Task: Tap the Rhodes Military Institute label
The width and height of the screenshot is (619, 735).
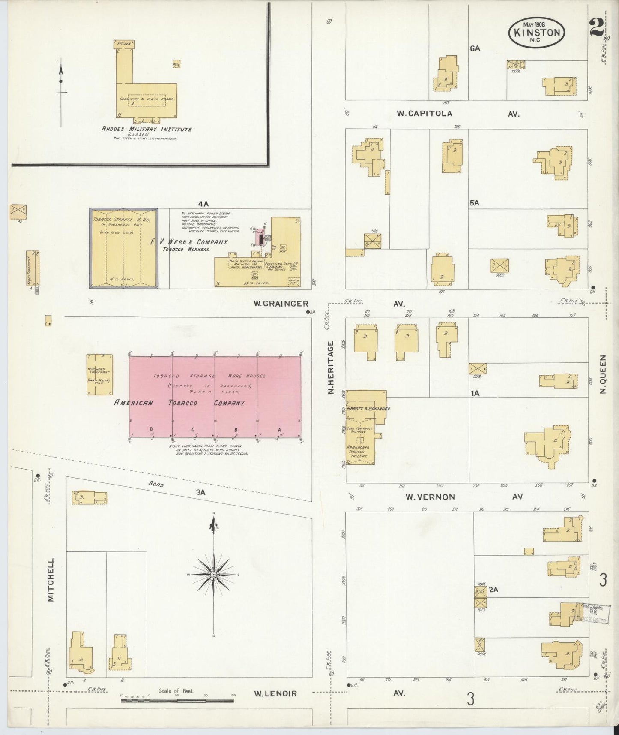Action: pyautogui.click(x=147, y=129)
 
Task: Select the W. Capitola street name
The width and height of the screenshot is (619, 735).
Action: pyautogui.click(x=424, y=114)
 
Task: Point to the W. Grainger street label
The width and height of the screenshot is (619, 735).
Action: pyautogui.click(x=281, y=304)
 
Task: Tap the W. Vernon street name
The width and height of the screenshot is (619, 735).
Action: pyautogui.click(x=430, y=497)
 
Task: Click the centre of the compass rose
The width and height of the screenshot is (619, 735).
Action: pyautogui.click(x=213, y=574)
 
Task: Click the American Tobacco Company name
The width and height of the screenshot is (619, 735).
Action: pyautogui.click(x=179, y=403)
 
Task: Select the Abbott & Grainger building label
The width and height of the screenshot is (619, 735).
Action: pyautogui.click(x=371, y=409)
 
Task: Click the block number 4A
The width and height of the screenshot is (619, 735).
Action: pyautogui.click(x=203, y=204)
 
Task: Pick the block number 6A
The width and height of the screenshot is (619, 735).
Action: pyautogui.click(x=475, y=48)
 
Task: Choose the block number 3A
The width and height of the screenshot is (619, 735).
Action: pyautogui.click(x=200, y=493)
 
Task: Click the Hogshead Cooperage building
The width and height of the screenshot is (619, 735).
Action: pyautogui.click(x=100, y=374)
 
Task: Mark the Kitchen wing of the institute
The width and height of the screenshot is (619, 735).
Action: pyautogui.click(x=124, y=43)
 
